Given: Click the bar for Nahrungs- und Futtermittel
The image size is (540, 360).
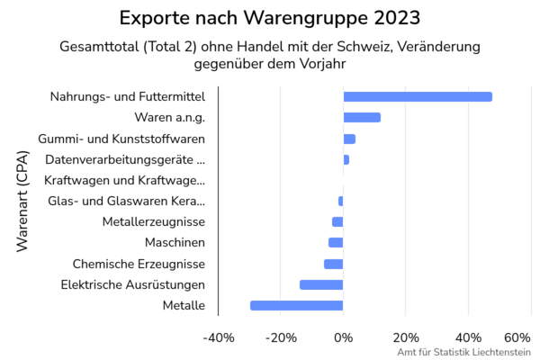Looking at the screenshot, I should click(418, 96).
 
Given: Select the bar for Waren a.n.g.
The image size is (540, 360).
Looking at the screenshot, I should click(362, 117).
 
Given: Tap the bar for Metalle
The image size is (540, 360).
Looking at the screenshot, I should click(296, 305).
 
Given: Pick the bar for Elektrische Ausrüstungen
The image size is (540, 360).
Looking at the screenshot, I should click(321, 284).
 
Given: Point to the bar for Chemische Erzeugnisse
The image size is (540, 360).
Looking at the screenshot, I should click(333, 264).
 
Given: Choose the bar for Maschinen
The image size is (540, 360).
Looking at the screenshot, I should click(336, 242).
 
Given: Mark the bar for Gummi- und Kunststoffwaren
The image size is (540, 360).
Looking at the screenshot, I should click(349, 139).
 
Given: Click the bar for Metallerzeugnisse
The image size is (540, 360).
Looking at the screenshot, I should click(337, 221).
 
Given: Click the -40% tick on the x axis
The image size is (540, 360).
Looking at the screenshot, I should click(220, 337).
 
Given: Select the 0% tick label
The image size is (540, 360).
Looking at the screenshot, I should click(343, 337).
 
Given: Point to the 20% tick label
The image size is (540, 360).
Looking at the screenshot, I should click(405, 337).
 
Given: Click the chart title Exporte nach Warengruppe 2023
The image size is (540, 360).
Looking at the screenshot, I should click(270, 18).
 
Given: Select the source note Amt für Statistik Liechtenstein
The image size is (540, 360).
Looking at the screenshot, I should click(463, 352).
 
